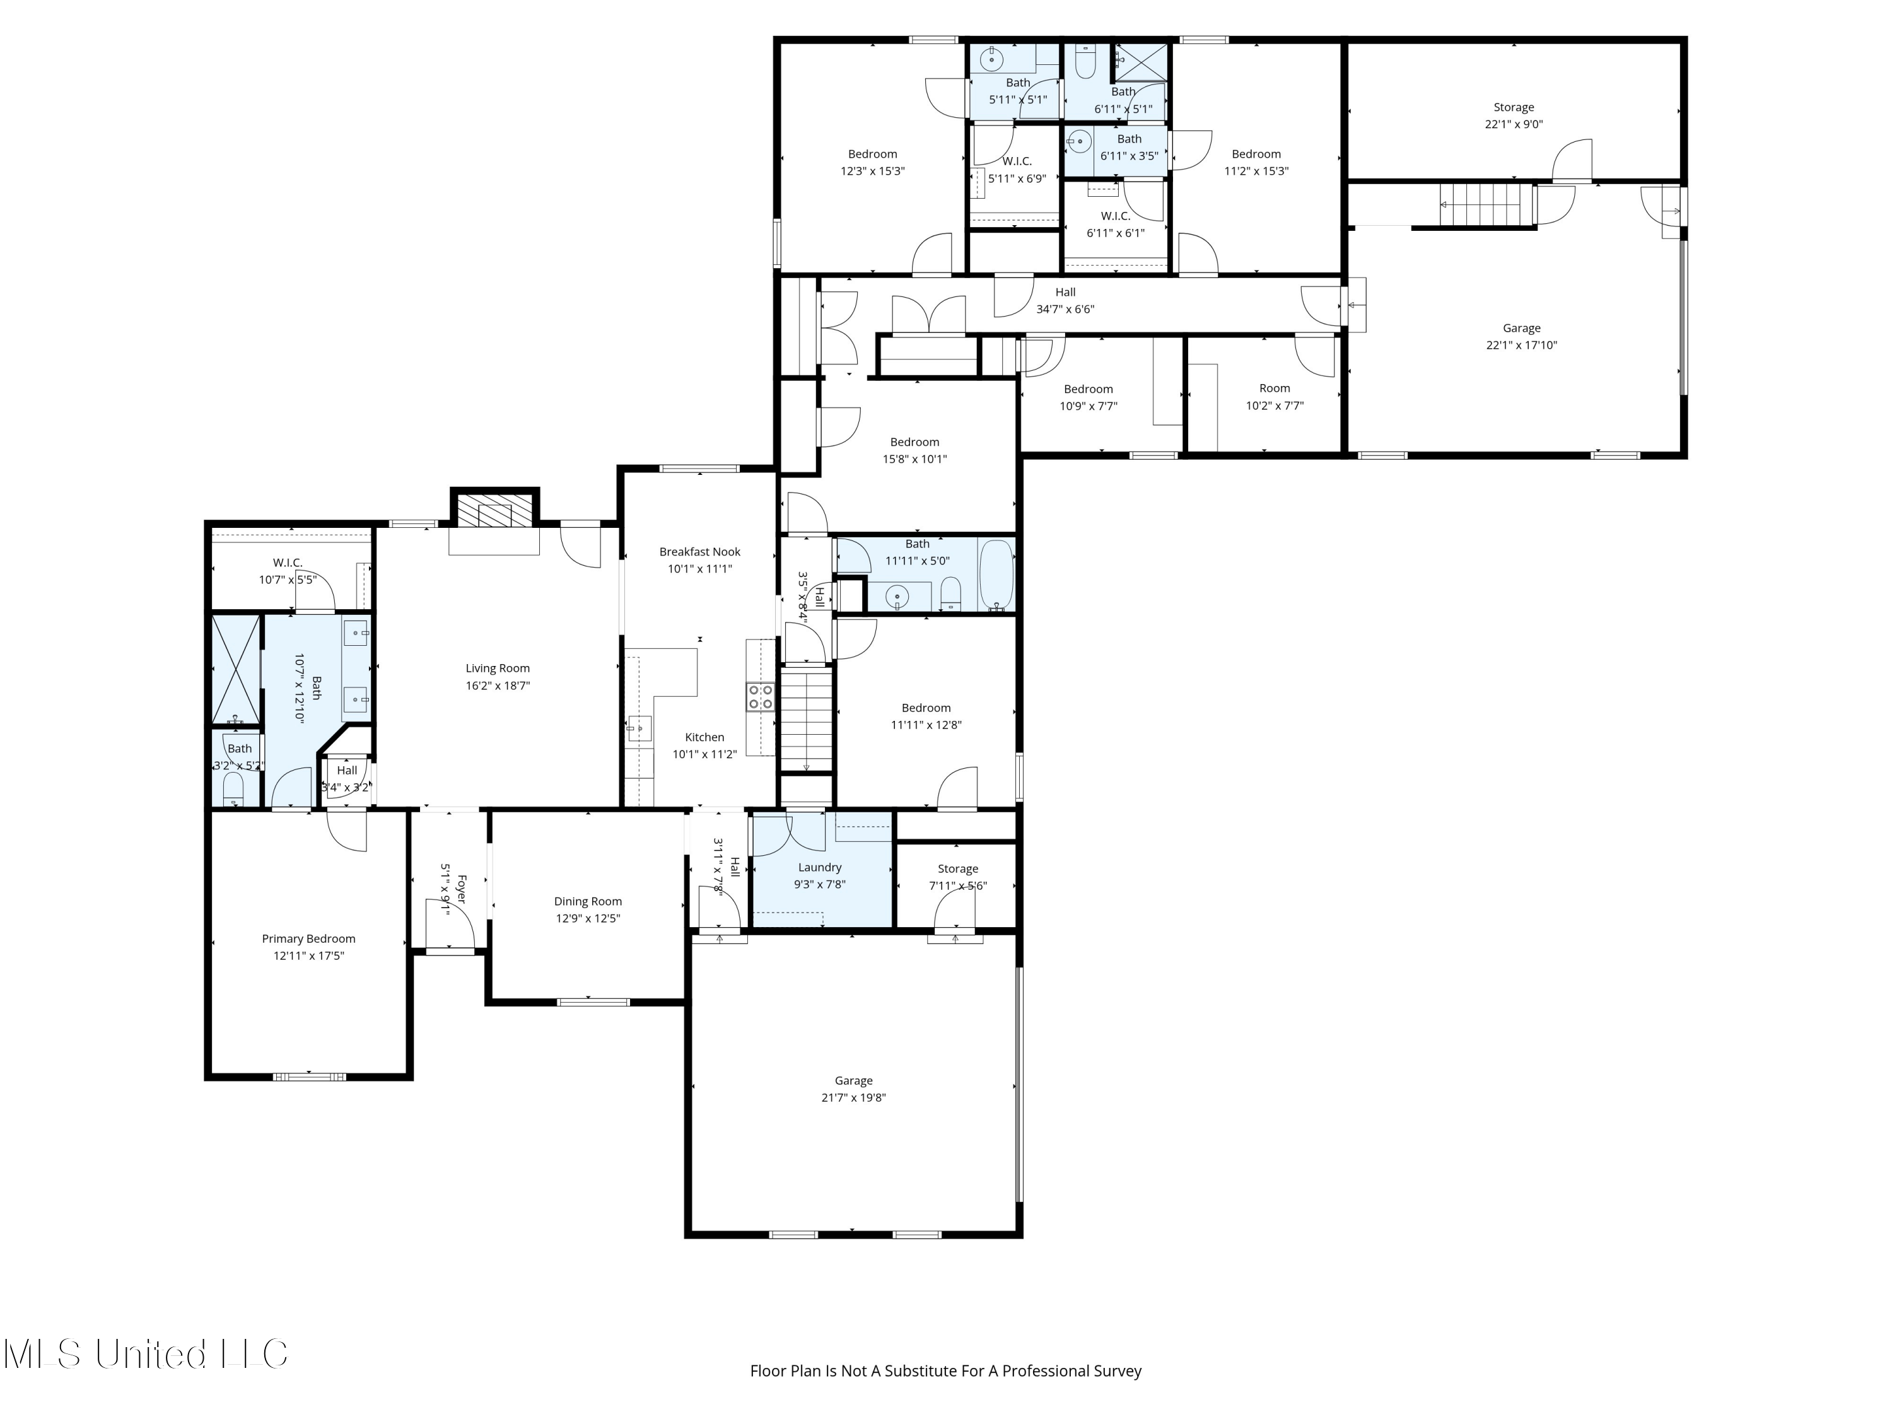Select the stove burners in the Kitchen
(761, 696)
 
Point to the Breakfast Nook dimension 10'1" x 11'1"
(699, 569)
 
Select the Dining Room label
(588, 901)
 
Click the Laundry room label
(819, 867)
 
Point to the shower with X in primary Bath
(236, 670)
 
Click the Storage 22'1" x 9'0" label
(1513, 108)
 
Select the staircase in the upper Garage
(1487, 205)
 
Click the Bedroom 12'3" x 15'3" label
(872, 155)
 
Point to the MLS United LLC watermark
(146, 1354)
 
